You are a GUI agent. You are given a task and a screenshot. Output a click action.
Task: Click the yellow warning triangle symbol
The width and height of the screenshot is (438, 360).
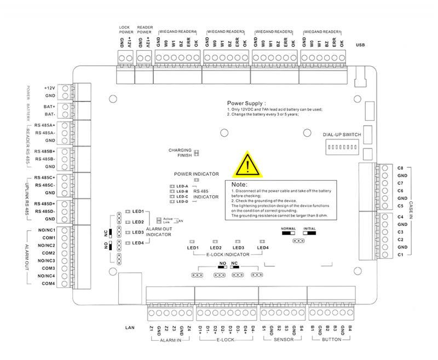(x=247, y=165)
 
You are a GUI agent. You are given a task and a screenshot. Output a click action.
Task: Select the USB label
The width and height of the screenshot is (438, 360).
(x=360, y=45)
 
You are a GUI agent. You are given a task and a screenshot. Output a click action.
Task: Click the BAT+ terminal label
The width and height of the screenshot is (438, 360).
(x=49, y=106)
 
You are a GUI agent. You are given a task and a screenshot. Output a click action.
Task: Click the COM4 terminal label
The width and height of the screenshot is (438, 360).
(x=49, y=283)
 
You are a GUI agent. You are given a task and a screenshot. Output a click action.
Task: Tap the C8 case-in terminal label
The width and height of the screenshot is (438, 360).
(x=400, y=168)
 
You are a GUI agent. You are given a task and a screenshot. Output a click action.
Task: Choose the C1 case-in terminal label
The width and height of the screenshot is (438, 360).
(x=400, y=255)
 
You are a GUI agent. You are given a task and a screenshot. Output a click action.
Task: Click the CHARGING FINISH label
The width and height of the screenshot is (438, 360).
(x=180, y=153)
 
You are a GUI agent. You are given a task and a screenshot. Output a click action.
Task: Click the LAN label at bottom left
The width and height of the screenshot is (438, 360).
(x=129, y=328)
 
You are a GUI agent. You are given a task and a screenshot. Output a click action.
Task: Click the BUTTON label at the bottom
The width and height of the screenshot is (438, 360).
(x=332, y=340)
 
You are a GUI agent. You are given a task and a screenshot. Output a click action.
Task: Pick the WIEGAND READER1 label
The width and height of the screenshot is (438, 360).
(x=322, y=31)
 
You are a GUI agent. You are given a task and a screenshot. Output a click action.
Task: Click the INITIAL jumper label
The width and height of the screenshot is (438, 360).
(x=309, y=228)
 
